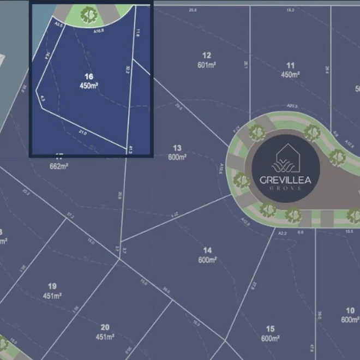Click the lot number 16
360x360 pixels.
coord(88,76)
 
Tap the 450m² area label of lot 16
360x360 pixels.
coord(88,86)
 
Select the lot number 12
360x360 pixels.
coord(206,55)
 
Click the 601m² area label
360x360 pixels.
coord(206,65)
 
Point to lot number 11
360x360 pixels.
coord(290,65)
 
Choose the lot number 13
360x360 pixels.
coord(177,148)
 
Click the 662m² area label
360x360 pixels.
coord(58,165)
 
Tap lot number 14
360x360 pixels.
coord(207,250)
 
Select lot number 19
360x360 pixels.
coord(52,286)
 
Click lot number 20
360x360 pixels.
coord(105,327)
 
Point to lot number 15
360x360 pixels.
coord(270,329)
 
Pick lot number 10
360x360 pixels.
coord(350,310)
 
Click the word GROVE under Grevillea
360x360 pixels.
coord(286,188)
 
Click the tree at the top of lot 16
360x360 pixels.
coord(88,15)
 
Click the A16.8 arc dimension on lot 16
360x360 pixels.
coord(99,31)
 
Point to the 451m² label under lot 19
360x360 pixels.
coord(52,296)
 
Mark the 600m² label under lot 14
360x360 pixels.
coord(207,260)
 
